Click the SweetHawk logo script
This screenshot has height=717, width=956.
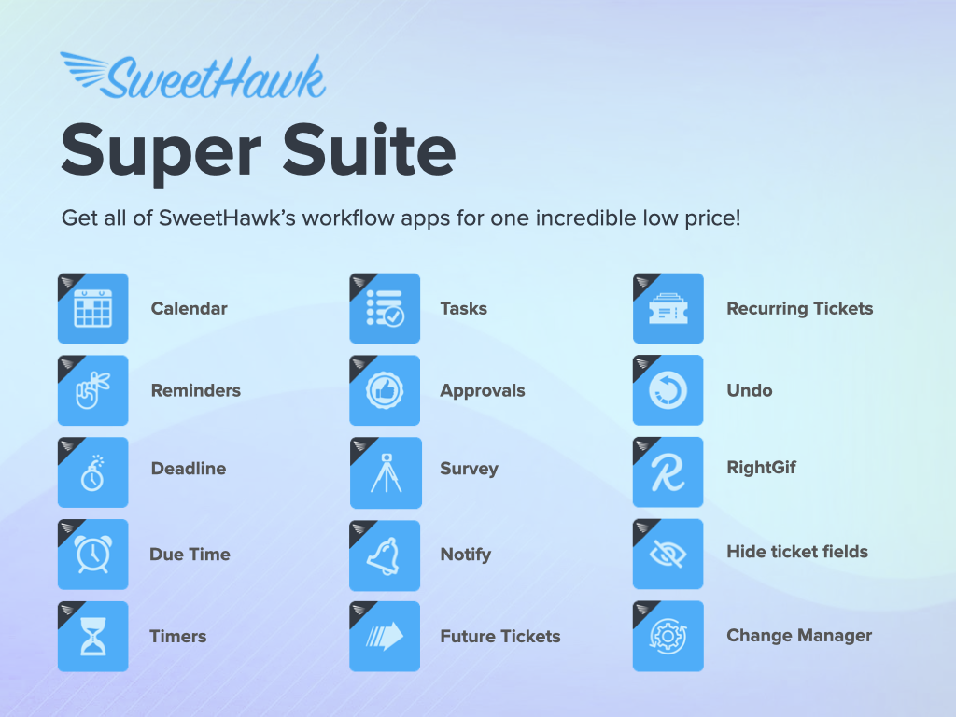tap(193, 77)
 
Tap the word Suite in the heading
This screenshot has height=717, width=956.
tap(369, 149)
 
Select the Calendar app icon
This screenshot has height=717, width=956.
tap(93, 308)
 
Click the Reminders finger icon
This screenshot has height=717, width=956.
tap(93, 390)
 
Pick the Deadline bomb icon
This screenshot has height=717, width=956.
tap(93, 471)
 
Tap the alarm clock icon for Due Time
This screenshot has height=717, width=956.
tap(93, 555)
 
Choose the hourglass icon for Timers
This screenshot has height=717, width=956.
tap(93, 636)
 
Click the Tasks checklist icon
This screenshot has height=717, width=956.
tap(385, 308)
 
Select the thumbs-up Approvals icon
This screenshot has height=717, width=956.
tap(385, 390)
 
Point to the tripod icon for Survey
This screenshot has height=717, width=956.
tap(386, 472)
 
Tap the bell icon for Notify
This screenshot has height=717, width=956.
tap(385, 555)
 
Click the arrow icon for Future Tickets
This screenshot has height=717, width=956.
tap(385, 636)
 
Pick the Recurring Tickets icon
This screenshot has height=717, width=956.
tap(668, 308)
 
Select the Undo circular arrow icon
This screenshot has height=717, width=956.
tap(668, 390)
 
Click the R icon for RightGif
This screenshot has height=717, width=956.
tap(668, 471)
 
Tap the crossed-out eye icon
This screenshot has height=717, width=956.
tap(668, 554)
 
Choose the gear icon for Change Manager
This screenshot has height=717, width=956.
tap(668, 636)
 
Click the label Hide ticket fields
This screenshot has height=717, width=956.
tap(797, 552)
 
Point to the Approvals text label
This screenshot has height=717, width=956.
tap(483, 391)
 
